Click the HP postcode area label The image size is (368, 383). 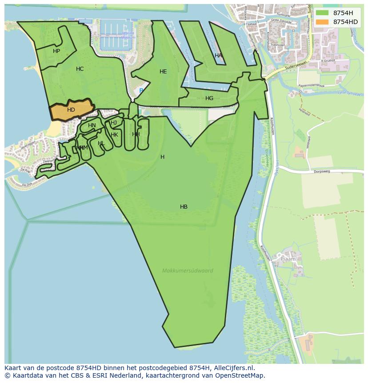pyautogui.click(x=56, y=51)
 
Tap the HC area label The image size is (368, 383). pyautogui.click(x=80, y=69)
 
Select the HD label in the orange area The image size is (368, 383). pyautogui.click(x=71, y=110)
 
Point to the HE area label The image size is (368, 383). pyautogui.click(x=163, y=72)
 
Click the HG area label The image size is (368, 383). pyautogui.click(x=209, y=98)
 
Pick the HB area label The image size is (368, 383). pyautogui.click(x=184, y=207)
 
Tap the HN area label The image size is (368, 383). pyautogui.click(x=92, y=125)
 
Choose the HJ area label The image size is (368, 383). pyautogui.click(x=114, y=123)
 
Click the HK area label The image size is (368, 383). pyautogui.click(x=114, y=135)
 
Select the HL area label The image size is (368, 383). pyautogui.click(x=101, y=143)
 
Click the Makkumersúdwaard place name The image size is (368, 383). pyautogui.click(x=188, y=270)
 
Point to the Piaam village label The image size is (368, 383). pyautogui.click(x=288, y=258)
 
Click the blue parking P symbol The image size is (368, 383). pyautogui.click(x=141, y=91)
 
